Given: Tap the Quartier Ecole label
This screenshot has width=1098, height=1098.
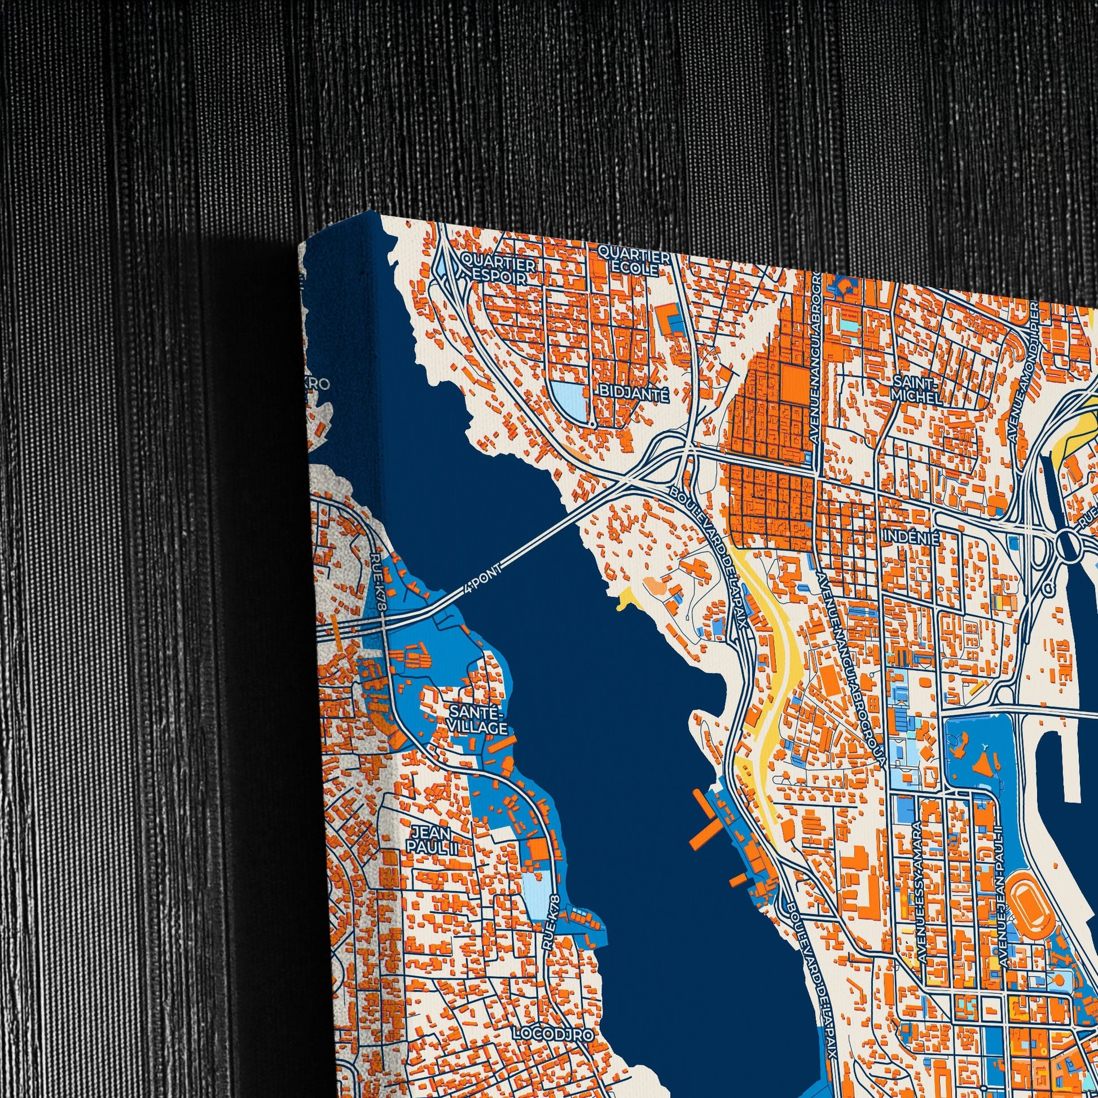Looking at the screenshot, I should click(634, 261).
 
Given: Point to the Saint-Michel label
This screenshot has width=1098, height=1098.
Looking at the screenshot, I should click(916, 388).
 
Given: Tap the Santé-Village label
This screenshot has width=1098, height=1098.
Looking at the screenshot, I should click(477, 719).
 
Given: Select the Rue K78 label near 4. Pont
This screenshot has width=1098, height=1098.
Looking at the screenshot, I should click(379, 582).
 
